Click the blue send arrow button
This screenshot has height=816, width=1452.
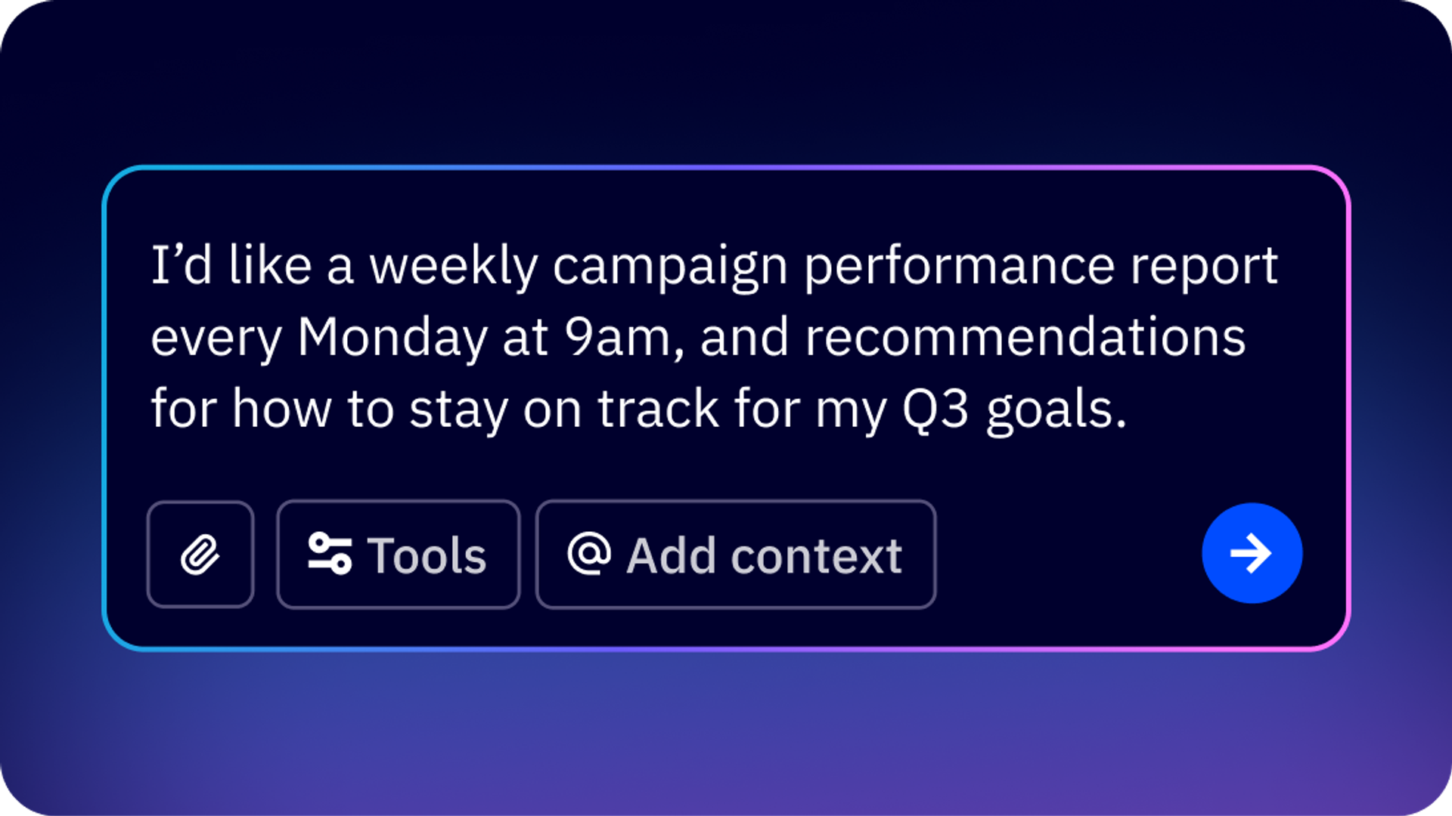[x=1252, y=553]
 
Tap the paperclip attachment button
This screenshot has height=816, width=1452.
[x=200, y=555]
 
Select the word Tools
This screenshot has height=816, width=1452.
[x=427, y=556]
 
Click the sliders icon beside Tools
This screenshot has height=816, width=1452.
[x=330, y=554]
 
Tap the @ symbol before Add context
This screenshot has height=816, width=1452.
[x=589, y=553]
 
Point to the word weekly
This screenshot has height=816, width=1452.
[x=453, y=267]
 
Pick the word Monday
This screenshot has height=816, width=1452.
[x=392, y=338]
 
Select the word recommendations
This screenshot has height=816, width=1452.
[x=1025, y=336]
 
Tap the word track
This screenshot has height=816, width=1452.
[x=658, y=409]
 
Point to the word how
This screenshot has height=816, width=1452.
[x=282, y=409]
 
